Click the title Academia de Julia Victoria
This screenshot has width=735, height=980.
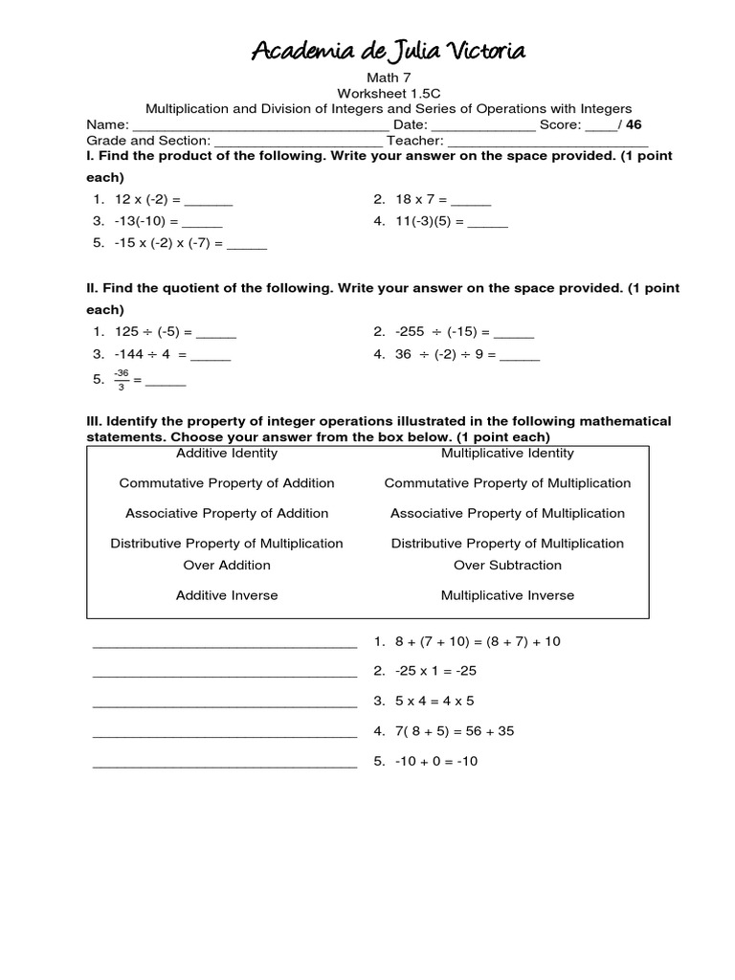coord(388,51)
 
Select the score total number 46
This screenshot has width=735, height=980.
coord(634,124)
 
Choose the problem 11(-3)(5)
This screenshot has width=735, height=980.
coord(428,221)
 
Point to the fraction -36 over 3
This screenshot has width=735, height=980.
coord(121,379)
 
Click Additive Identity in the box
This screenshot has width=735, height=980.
coord(227,453)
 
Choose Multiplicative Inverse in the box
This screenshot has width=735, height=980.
coord(507,595)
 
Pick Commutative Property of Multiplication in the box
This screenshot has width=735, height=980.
coord(507,483)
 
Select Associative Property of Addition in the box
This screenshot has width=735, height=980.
coord(227,513)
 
